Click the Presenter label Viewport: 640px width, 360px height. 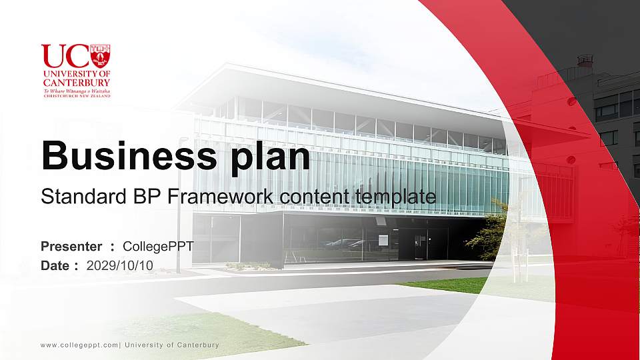pos(71,246)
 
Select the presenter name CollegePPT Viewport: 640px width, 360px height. pos(159,246)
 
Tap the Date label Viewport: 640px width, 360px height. pos(55,265)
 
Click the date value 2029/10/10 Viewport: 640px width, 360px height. pos(120,265)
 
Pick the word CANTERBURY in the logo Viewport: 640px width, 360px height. pos(76,82)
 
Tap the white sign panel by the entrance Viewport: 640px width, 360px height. pos(383,240)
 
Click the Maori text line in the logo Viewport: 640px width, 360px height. pos(76,90)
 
